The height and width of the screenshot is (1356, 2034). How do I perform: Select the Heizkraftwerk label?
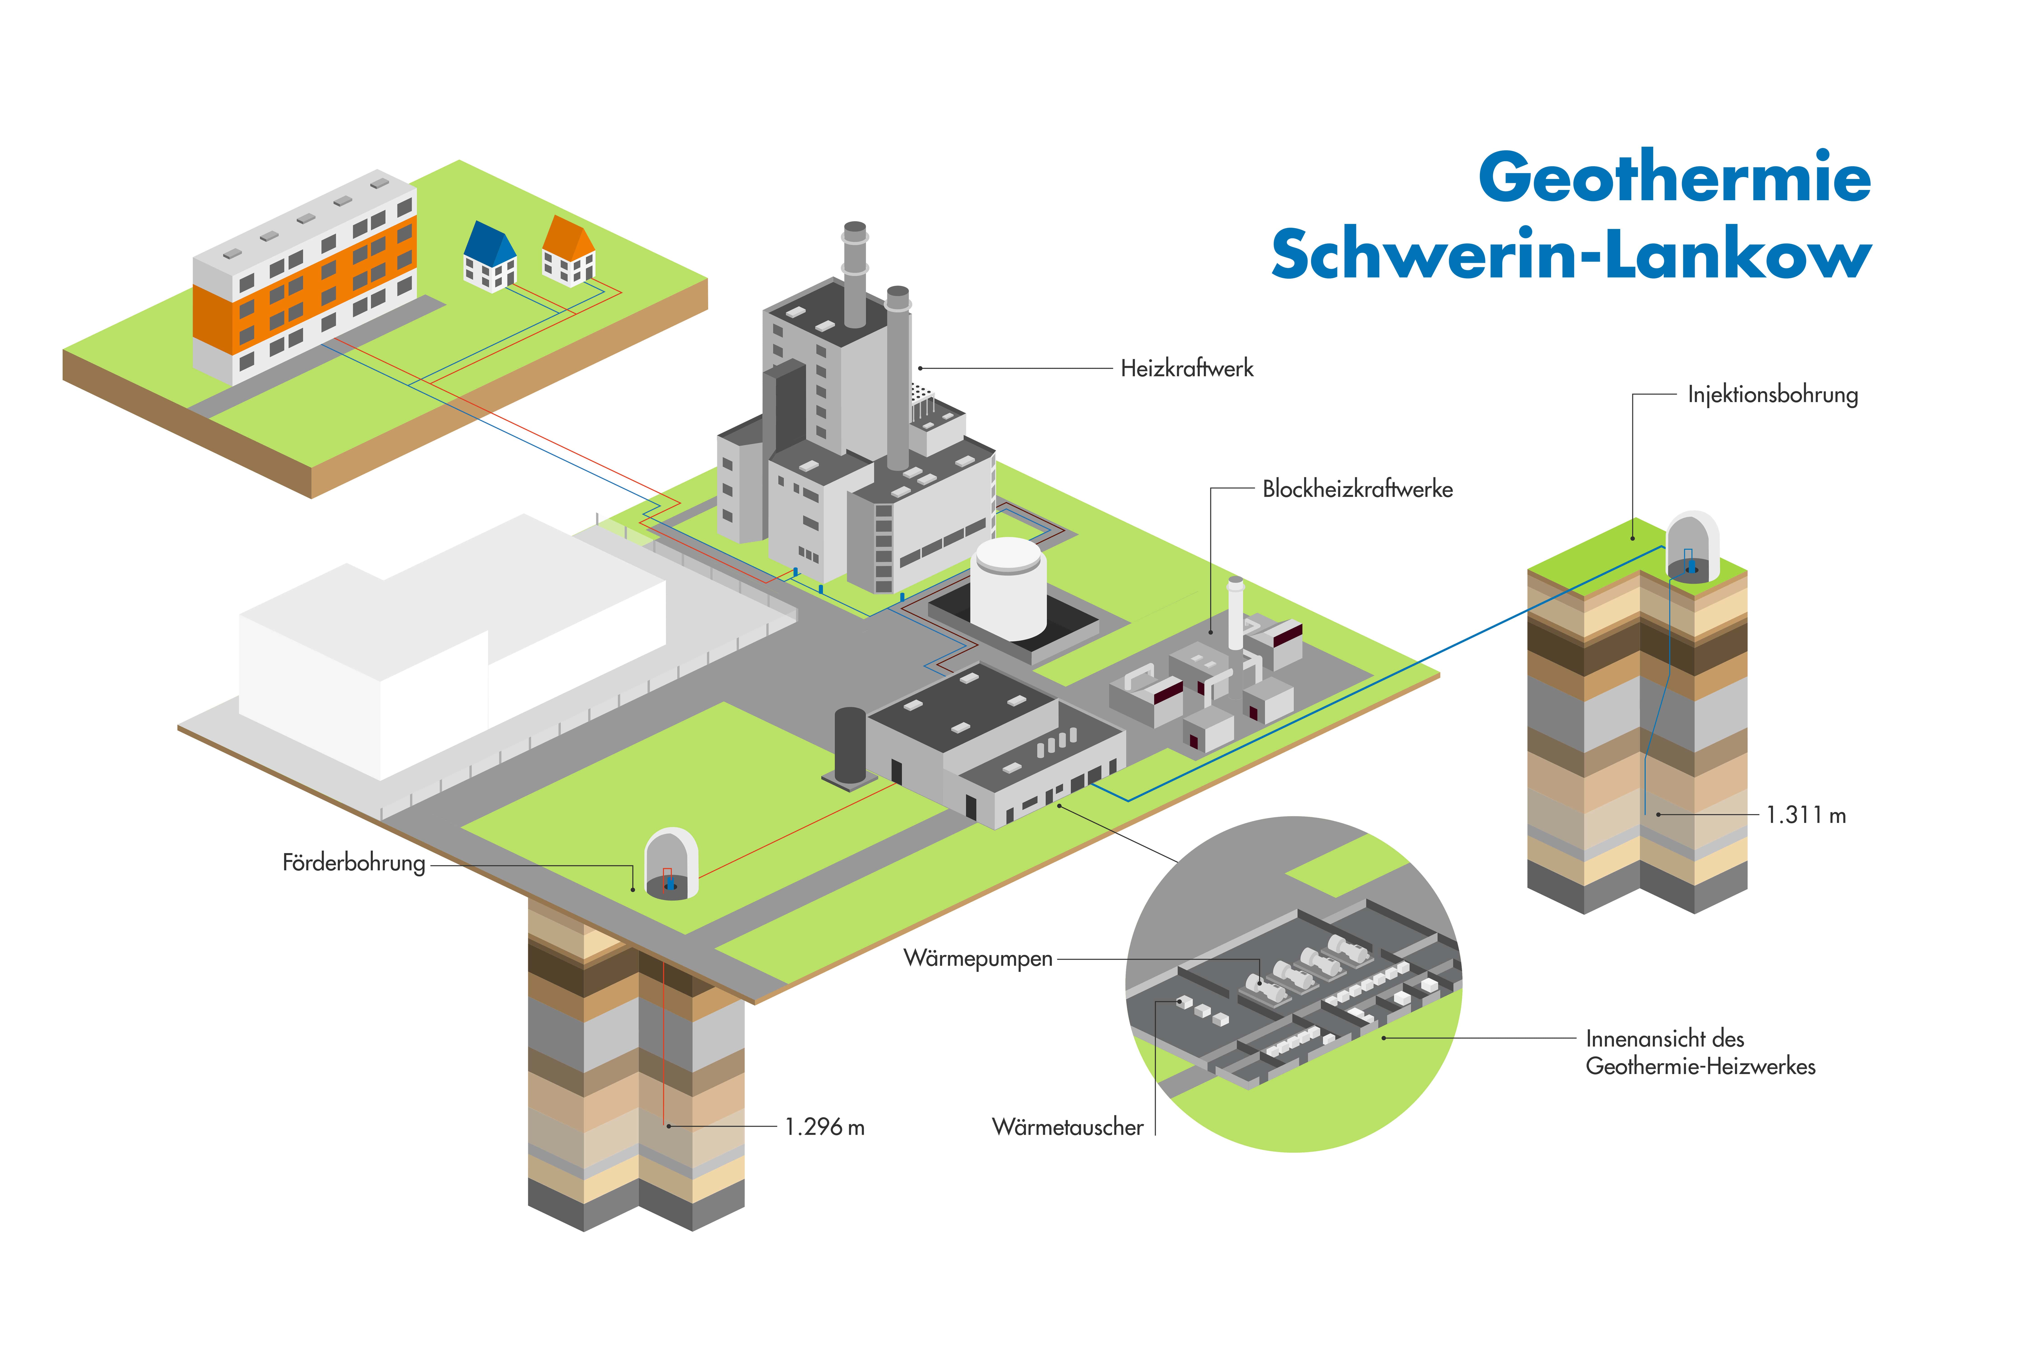coord(1186,368)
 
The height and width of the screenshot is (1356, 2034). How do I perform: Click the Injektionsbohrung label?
coord(1773,395)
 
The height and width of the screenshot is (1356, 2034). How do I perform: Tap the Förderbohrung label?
coord(354,863)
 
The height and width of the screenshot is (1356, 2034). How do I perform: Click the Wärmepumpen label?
coord(978,958)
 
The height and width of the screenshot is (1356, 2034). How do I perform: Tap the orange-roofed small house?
coord(568,250)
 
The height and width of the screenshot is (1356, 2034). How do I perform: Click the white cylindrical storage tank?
coord(1008,588)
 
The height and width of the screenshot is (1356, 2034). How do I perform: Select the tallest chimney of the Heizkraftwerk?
coord(855,275)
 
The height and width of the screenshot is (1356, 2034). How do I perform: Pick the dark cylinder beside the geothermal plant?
coord(850,745)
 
